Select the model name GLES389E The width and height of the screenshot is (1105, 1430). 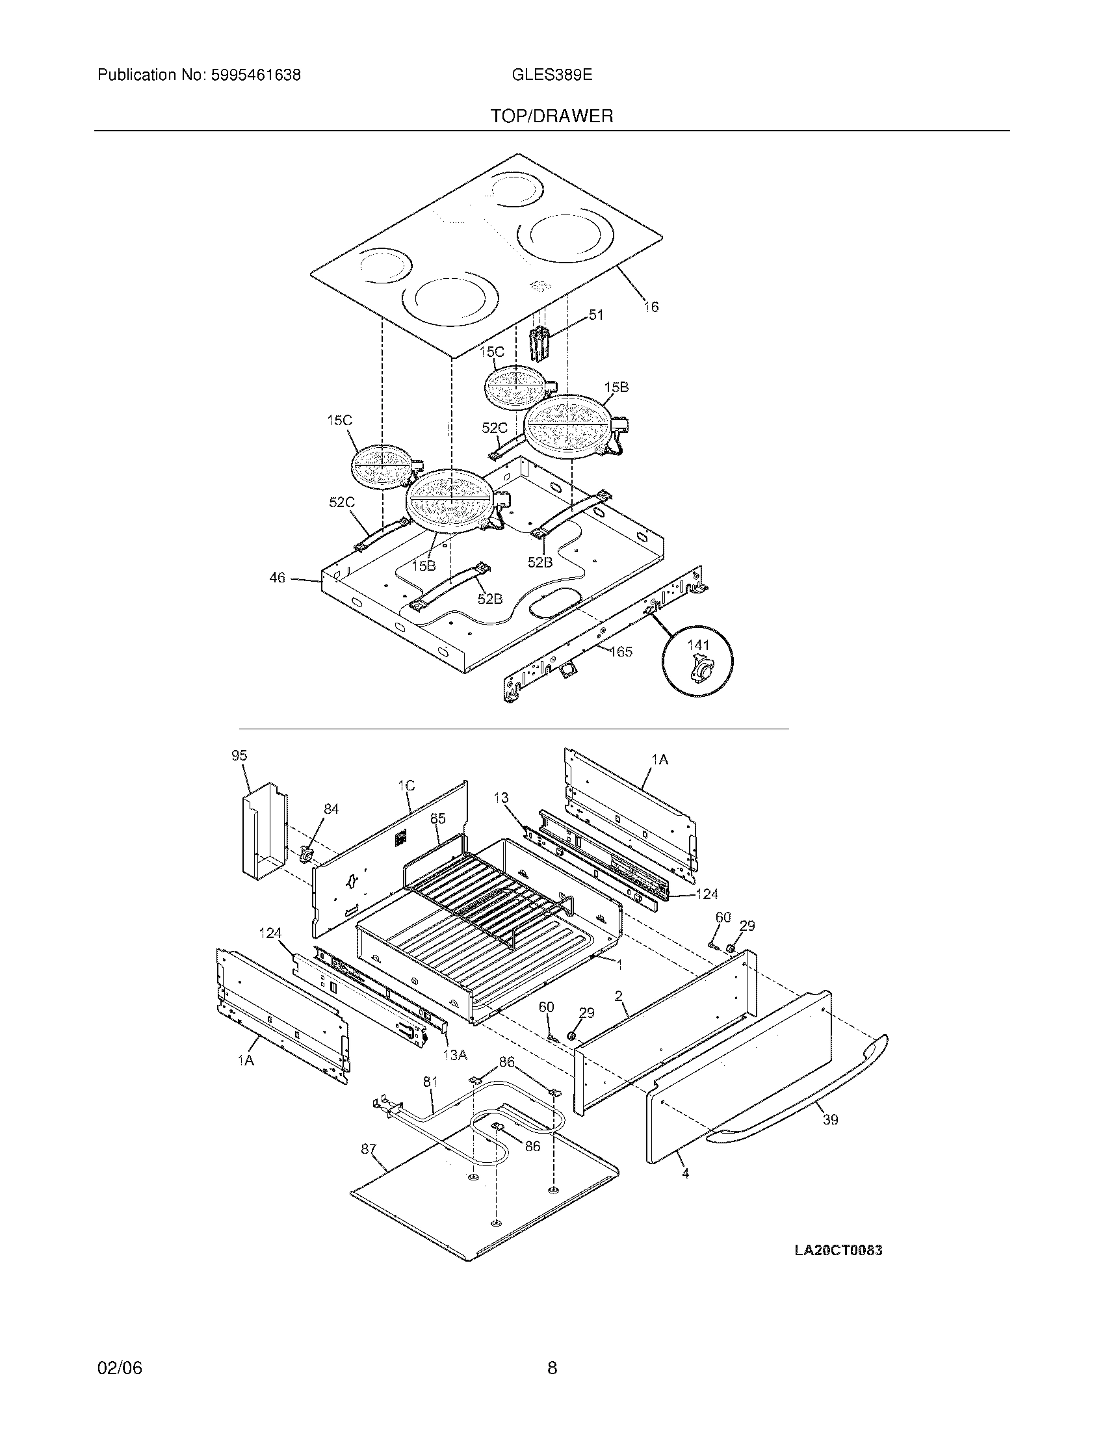552,75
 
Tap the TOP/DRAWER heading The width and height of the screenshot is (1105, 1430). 552,116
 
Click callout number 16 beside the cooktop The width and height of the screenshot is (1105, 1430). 651,306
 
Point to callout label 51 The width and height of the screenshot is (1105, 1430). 595,315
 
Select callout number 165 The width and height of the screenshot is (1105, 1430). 621,651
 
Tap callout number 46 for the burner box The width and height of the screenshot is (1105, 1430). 278,577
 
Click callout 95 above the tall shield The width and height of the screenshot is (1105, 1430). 239,755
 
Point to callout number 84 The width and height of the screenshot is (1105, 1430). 331,809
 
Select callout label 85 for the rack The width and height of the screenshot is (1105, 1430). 437,818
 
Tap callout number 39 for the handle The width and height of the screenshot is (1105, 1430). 830,1120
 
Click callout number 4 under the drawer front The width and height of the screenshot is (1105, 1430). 685,1174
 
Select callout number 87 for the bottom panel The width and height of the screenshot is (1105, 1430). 369,1149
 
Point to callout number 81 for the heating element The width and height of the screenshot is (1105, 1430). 430,1082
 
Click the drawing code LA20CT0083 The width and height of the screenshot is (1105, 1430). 838,1250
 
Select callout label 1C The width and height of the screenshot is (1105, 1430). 406,786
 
